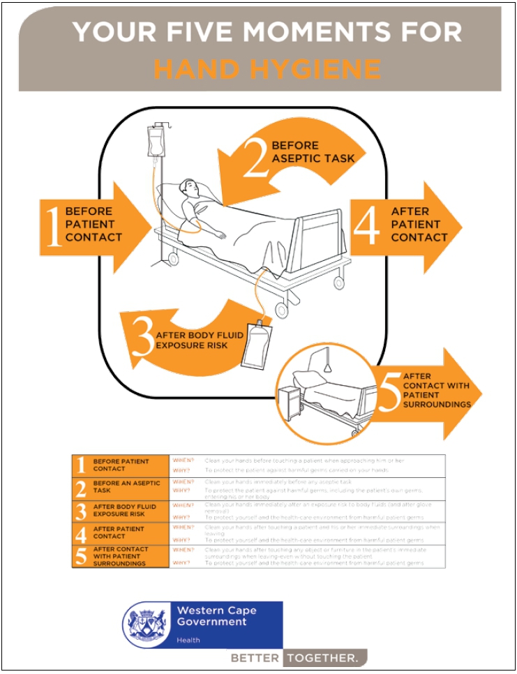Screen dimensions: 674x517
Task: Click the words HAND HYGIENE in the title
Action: (x=267, y=69)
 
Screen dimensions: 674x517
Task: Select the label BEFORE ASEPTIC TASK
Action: (x=313, y=151)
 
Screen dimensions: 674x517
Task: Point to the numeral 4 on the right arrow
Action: (x=367, y=225)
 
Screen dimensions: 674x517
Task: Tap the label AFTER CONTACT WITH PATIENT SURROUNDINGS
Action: (x=435, y=390)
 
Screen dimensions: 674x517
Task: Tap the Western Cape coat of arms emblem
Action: (x=147, y=624)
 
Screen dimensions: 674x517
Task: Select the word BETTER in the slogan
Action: (x=255, y=658)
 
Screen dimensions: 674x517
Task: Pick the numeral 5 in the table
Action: (x=81, y=556)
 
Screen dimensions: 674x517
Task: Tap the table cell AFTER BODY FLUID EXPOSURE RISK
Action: (x=126, y=509)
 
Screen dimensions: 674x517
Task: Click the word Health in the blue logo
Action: (x=188, y=640)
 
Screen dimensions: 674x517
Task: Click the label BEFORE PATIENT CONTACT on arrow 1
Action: (x=93, y=225)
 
